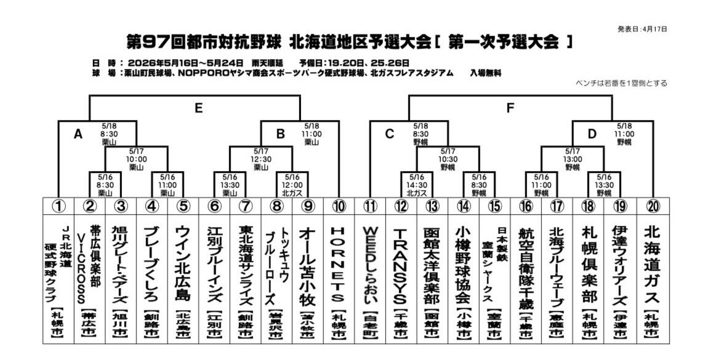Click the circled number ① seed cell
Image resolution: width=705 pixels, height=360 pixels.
click(58, 206)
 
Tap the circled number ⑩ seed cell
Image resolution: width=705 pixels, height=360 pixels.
click(339, 206)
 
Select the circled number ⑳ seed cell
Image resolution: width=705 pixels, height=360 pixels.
click(653, 206)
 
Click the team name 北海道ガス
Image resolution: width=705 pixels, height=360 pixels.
click(652, 265)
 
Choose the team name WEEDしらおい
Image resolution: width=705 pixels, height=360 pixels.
click(370, 265)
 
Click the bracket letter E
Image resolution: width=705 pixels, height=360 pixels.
click(198, 108)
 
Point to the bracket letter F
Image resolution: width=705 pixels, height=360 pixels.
click(510, 108)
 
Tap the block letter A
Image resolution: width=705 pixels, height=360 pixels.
click(78, 134)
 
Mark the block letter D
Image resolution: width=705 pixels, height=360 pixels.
click(592, 134)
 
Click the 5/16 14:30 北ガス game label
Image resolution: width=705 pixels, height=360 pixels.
click(416, 185)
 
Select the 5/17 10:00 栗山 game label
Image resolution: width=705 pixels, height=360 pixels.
click(136, 159)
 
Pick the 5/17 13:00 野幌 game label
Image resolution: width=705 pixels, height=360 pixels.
click(573, 159)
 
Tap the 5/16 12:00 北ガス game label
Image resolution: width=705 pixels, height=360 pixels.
click(292, 185)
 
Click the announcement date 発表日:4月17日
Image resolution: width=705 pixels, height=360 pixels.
click(642, 29)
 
